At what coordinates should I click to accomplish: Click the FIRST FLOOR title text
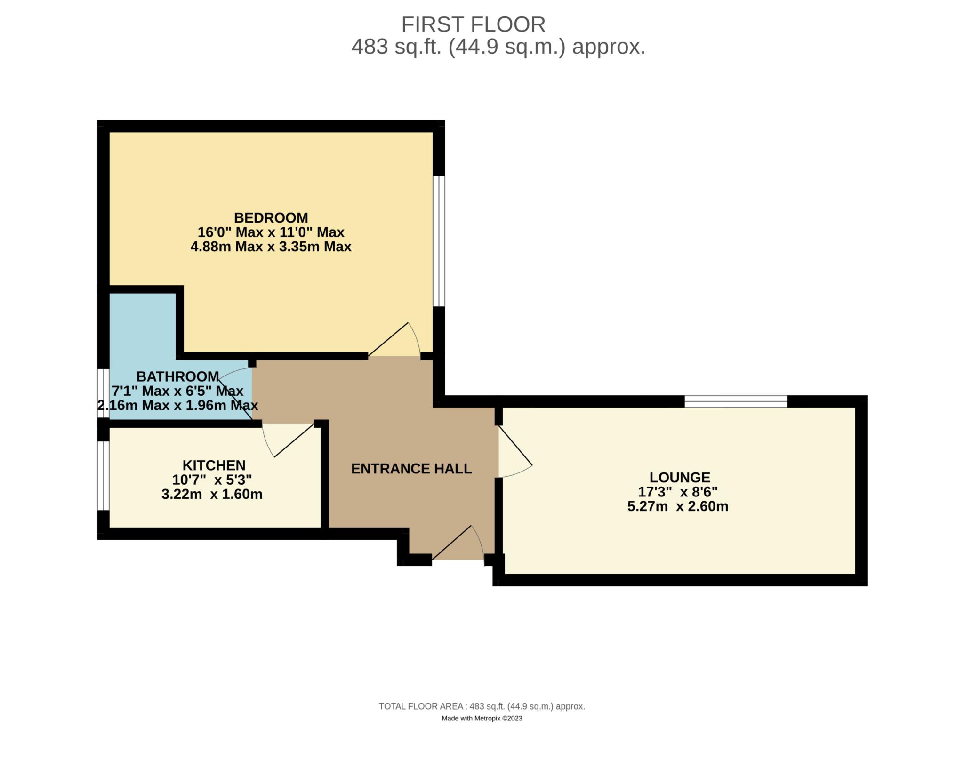(x=473, y=24)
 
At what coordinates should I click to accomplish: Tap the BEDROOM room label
(x=271, y=218)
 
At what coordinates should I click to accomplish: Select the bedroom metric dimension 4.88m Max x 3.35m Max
(x=271, y=247)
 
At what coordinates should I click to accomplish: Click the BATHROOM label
(x=177, y=376)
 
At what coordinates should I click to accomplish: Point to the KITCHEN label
(x=214, y=465)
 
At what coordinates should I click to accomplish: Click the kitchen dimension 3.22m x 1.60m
(x=212, y=494)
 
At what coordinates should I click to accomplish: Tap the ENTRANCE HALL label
(x=411, y=469)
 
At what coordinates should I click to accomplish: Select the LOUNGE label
(x=680, y=478)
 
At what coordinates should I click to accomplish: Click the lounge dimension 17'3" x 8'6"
(x=678, y=492)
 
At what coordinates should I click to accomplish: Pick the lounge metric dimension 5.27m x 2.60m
(x=678, y=507)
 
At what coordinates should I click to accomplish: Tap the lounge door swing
(x=514, y=452)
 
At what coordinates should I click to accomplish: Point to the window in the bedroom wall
(x=439, y=241)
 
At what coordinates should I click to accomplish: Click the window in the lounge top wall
(x=735, y=401)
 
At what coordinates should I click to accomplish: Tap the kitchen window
(x=104, y=475)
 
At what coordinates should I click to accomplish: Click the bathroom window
(x=104, y=393)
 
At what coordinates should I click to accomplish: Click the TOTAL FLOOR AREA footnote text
(x=482, y=706)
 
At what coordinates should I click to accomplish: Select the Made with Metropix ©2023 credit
(x=482, y=719)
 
